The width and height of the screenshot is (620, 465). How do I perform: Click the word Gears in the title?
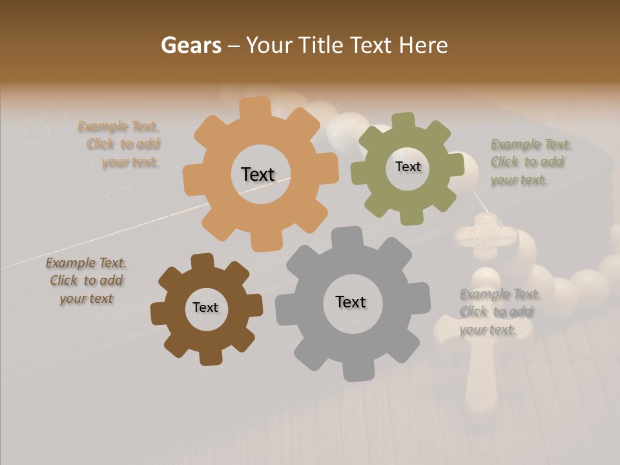(191, 45)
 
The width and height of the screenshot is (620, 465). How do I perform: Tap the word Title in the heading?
(320, 45)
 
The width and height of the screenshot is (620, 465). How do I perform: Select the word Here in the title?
(423, 45)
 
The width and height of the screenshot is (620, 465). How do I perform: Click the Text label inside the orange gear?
(258, 174)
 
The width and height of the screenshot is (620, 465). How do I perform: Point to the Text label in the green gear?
(408, 167)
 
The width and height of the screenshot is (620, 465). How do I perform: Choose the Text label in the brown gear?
(205, 307)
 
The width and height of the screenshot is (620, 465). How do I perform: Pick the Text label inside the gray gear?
(351, 302)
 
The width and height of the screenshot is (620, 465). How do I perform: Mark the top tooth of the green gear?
(404, 121)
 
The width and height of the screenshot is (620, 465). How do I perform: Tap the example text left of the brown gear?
(87, 281)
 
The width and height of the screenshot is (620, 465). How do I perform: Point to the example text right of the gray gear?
(497, 312)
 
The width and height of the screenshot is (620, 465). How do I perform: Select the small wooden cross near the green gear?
(486, 235)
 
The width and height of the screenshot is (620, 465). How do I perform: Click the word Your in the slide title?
(271, 45)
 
